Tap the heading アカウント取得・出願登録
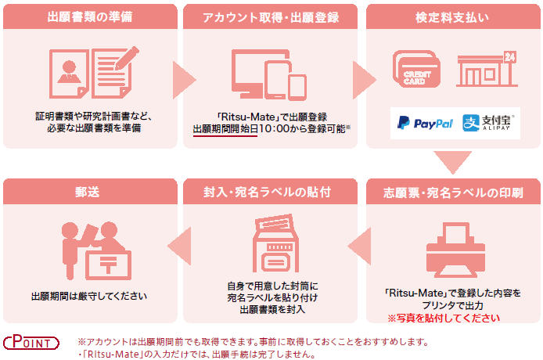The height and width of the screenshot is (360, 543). click(270, 16)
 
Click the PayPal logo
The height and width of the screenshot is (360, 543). click(425, 123)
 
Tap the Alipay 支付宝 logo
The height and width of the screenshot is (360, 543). click(491, 123)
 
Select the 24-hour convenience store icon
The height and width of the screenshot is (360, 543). click(487, 70)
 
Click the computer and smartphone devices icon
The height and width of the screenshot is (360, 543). click(268, 74)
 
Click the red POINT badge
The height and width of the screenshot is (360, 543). click(32, 342)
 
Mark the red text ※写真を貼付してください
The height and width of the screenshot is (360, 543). click(444, 318)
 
